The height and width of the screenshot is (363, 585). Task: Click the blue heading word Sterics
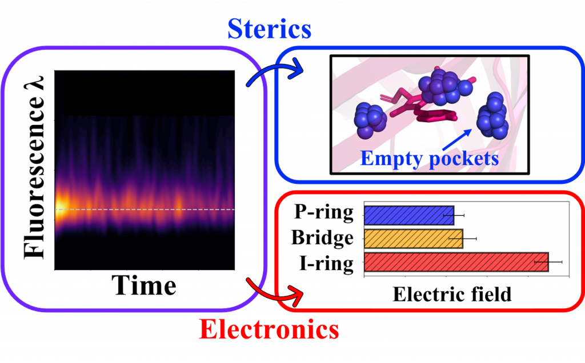coord(270,29)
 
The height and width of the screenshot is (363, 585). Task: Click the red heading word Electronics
coord(269,329)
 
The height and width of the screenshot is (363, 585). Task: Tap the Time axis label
coord(144,285)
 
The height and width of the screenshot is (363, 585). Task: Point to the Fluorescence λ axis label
coord(34,167)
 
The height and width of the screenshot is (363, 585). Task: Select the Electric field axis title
coord(452,294)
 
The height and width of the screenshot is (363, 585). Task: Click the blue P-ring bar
coord(409,215)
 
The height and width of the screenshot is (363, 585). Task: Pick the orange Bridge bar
coord(414,239)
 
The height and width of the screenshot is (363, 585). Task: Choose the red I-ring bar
coord(456,262)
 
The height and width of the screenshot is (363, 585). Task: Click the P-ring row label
coord(324,212)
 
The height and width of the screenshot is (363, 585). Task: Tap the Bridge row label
coord(322,237)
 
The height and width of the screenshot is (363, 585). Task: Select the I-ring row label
coord(326,263)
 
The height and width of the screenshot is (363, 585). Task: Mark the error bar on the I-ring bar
coord(548,262)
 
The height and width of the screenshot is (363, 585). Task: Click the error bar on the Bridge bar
coord(463,239)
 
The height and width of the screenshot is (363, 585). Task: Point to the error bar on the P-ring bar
coord(454,215)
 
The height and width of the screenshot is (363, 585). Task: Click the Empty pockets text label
coord(430,159)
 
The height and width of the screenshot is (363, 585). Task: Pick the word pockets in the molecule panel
coord(464,159)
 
